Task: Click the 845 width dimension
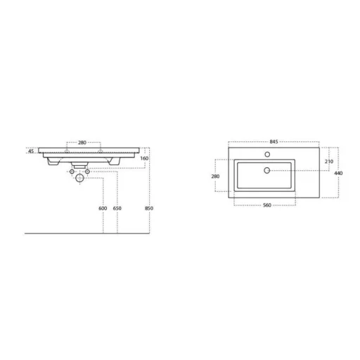[274, 141]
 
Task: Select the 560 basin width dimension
[267, 205]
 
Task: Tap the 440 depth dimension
[338, 173]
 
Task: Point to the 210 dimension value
[329, 162]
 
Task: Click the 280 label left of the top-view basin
[215, 176]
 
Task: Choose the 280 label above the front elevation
[82, 143]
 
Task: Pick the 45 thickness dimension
[31, 151]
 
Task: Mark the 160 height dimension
[144, 158]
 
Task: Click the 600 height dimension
[103, 208]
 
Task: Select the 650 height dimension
[117, 208]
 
